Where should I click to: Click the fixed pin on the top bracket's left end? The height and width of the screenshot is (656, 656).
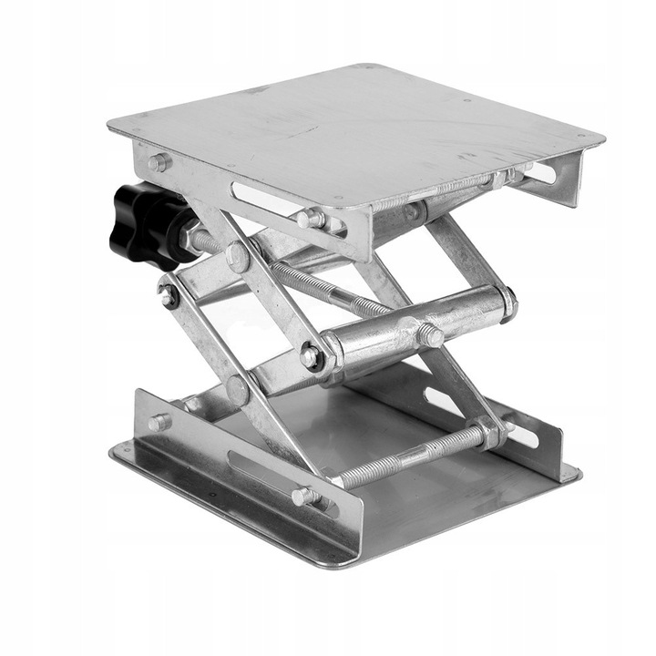point(159,162)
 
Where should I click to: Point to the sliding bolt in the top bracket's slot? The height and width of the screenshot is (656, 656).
point(310,219)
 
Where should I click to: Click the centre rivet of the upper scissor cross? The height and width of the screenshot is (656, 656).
point(238,257)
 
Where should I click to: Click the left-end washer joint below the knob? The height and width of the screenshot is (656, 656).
point(169,295)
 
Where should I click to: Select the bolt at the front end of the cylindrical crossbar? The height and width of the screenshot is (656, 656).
point(313,356)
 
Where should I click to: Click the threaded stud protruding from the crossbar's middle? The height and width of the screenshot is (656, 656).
point(429,335)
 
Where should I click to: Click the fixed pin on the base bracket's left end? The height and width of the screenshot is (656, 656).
point(159,422)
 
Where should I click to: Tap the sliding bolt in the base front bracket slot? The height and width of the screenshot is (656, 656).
point(305,497)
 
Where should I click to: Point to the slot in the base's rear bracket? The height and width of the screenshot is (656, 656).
point(445,402)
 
